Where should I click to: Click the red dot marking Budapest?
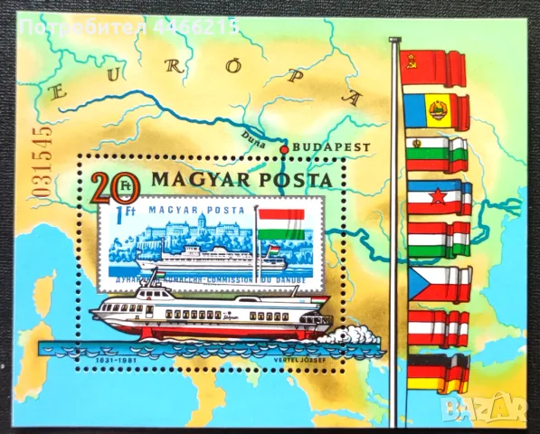pyautogui.click(x=283, y=149)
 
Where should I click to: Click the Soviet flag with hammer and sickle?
pyautogui.click(x=436, y=66)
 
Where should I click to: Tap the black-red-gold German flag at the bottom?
pyautogui.click(x=438, y=372)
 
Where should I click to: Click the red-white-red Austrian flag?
pyautogui.click(x=439, y=328)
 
